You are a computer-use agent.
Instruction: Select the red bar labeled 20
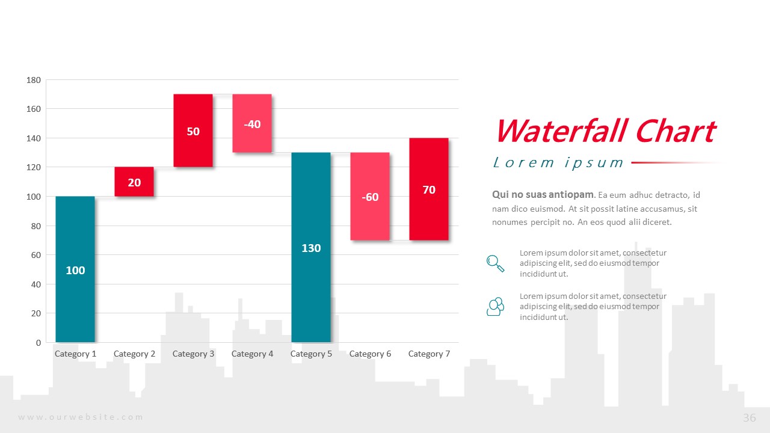point(134,182)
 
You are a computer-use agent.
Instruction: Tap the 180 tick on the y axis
point(34,80)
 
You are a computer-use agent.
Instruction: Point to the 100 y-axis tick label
point(34,197)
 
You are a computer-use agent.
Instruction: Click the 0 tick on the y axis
point(38,343)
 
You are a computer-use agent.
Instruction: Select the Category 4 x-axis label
point(252,354)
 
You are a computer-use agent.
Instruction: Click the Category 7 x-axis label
point(429,354)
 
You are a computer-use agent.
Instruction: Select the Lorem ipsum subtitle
point(558,162)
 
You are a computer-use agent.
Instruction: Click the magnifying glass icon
point(495,263)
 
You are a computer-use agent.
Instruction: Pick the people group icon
point(495,306)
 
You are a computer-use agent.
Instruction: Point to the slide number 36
point(750,418)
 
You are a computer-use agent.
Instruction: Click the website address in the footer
point(81,417)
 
